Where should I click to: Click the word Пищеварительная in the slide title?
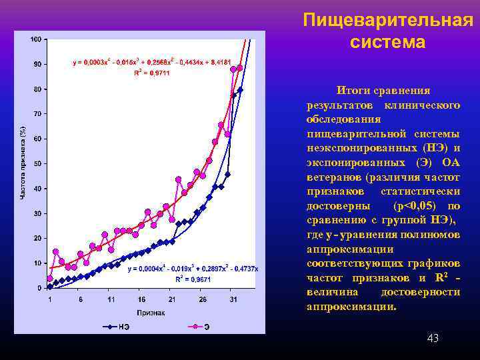(387, 20)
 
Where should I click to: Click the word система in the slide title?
(387, 43)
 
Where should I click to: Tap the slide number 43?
(433, 339)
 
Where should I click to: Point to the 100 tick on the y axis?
(35, 39)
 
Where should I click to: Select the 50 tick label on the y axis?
(37, 163)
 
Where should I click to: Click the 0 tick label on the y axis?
(39, 287)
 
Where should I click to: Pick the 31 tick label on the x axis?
(233, 299)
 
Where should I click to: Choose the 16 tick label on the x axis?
(141, 299)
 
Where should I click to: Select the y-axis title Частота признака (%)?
(22, 163)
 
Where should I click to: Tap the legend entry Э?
(207, 327)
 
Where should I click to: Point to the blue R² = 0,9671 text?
(193, 279)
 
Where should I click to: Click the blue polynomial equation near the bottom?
(193, 269)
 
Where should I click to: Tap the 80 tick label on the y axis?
(37, 89)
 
